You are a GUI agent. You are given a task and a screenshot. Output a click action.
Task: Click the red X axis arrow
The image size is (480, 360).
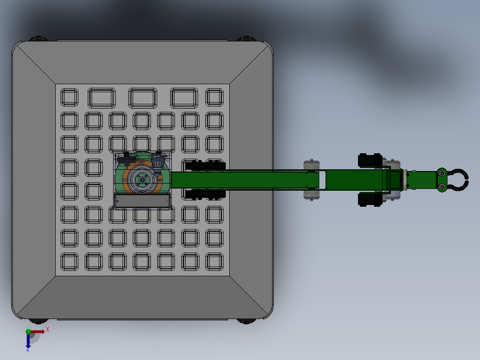coord(37,331)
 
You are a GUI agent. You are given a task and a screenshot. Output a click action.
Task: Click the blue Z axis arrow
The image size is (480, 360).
coord(28,341)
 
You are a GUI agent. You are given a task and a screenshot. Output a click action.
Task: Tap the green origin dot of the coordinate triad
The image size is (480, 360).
coord(28,331)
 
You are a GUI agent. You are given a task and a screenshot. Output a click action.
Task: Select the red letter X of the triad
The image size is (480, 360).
coord(48,330)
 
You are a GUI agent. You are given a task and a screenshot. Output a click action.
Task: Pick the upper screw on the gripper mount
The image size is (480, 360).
coord(442,173)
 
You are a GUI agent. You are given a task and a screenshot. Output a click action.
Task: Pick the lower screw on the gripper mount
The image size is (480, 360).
coord(442,187)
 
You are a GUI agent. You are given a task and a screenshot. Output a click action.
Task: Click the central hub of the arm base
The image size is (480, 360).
coord(142,180)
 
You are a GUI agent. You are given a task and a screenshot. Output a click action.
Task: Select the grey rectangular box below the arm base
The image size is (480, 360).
coord(142,201)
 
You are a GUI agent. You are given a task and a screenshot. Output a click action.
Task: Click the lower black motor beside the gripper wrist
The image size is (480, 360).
coord(370,200)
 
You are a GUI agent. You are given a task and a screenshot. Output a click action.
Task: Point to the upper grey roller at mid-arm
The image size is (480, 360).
coord(311,164)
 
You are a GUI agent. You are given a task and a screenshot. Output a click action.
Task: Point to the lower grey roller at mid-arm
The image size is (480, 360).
coord(311,195)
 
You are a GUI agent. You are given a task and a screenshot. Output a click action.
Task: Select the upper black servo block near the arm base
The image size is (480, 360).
coord(206,166)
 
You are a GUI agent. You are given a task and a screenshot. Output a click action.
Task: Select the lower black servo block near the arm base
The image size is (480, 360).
coord(206,194)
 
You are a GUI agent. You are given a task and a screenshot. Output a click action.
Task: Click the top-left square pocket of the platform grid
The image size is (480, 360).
coord(69,97)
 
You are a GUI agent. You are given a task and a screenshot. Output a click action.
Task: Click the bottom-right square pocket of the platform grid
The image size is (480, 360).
coord(214,262)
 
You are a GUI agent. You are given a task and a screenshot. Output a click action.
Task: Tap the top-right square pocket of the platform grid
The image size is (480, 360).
coord(214,97)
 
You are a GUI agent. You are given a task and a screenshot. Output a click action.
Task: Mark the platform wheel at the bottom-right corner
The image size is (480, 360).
coord(246,320)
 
